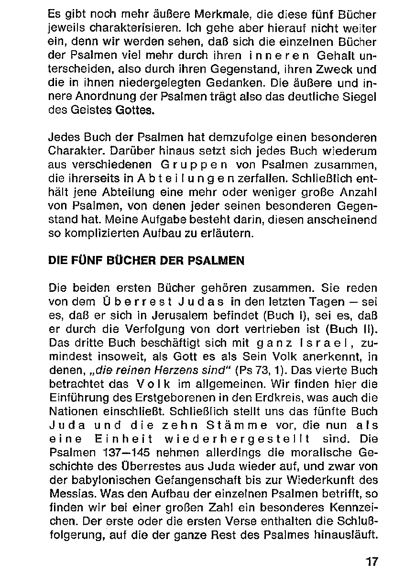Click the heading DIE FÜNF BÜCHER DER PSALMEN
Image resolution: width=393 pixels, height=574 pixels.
tap(146, 261)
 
